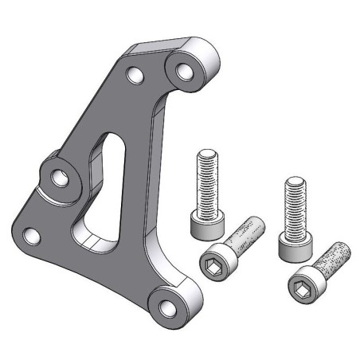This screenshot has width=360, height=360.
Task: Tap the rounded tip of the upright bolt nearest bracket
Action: [x=206, y=153]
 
